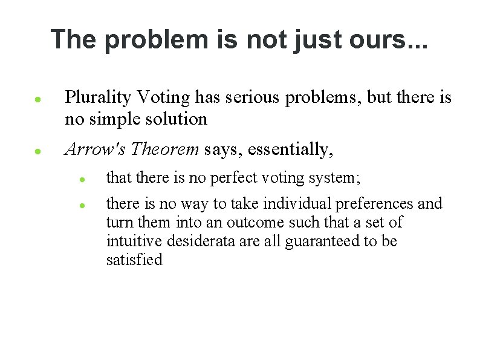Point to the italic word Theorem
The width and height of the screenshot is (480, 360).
[165, 149]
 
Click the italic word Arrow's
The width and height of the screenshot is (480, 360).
[96, 149]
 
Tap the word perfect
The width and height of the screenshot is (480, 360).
[234, 178]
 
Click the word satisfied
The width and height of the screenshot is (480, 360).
[134, 260]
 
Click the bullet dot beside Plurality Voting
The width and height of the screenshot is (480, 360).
[37, 97]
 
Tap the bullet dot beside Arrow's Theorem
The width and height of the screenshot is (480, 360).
[37, 151]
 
